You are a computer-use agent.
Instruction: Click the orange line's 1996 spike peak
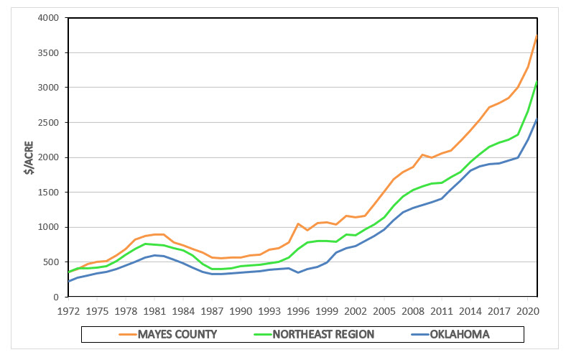point(297,223)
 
